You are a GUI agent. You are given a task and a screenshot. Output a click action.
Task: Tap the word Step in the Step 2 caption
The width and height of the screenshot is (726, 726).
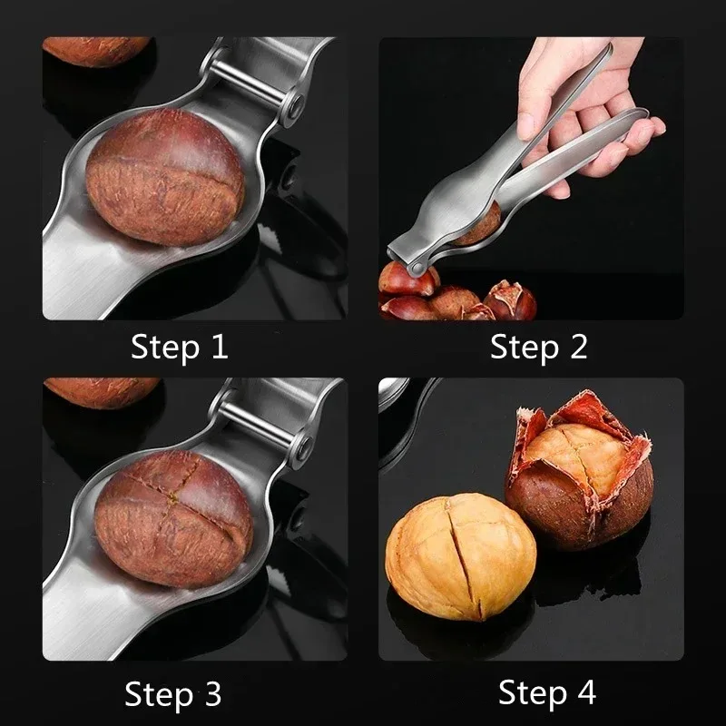tap(522, 346)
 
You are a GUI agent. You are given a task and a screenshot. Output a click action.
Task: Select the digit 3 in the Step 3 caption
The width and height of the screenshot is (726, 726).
tap(211, 694)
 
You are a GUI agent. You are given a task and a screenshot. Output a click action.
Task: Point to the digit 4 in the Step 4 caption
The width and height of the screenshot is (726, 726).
tap(585, 694)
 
